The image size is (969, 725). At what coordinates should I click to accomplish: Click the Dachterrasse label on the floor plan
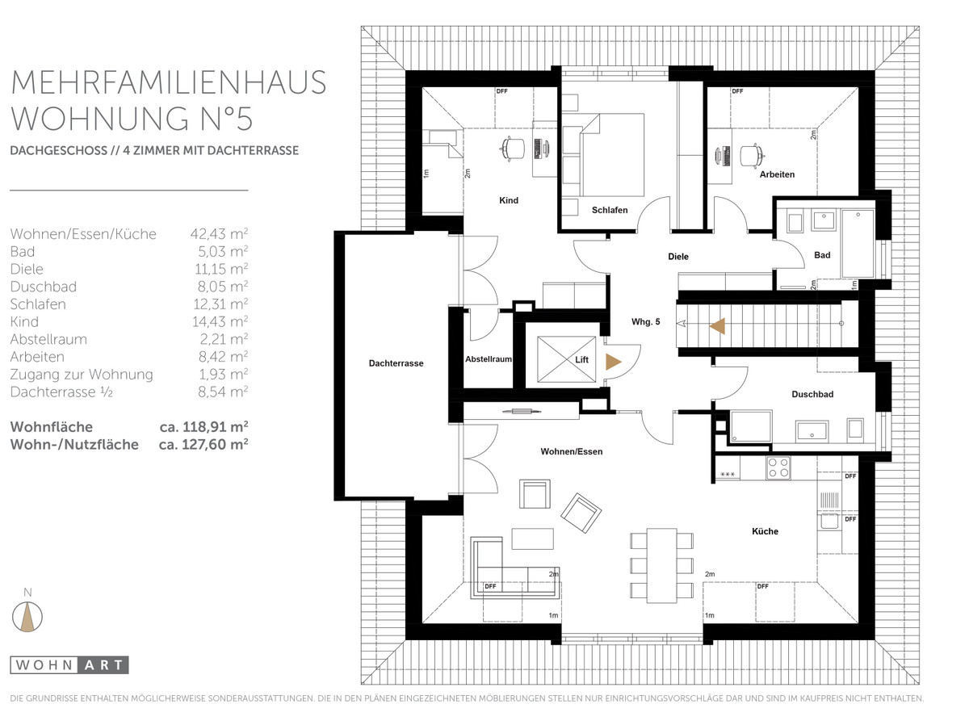pos(396,363)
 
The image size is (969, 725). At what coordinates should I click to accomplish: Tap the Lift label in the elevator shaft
pos(581,359)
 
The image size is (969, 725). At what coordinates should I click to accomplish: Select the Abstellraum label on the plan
pos(489,359)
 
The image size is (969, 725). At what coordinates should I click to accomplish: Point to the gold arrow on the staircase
pos(717,326)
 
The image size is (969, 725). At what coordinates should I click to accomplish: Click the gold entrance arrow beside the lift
pos(613,362)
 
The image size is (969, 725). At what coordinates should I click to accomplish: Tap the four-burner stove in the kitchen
pos(778,467)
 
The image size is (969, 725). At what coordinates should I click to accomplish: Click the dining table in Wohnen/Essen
pos(661,565)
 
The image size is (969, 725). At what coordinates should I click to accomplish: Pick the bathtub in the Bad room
pos(858,244)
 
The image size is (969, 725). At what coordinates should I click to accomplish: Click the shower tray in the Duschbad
pos(751,426)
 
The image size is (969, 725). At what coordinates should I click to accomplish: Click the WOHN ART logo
pos(69,665)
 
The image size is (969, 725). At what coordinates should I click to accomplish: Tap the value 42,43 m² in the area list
pos(219,233)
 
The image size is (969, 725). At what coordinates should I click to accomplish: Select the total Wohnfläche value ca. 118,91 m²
pos(203,427)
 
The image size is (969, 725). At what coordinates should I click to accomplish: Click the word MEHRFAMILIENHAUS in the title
pos(168,82)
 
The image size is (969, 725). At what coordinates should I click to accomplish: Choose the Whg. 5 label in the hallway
pos(645,321)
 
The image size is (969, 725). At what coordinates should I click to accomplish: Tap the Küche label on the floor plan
pos(765,531)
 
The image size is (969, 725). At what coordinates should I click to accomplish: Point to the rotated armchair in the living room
pos(581,513)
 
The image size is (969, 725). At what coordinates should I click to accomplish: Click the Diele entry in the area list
pos(27,269)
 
